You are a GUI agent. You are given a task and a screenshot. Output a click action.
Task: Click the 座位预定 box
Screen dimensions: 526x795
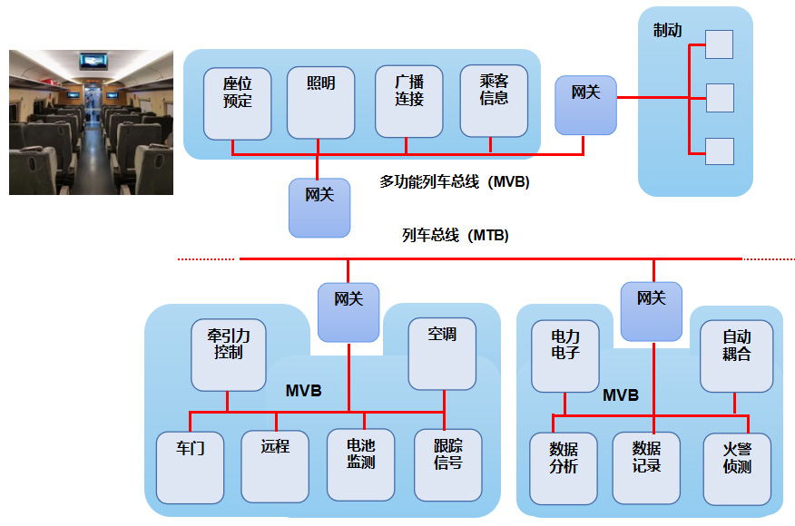238,102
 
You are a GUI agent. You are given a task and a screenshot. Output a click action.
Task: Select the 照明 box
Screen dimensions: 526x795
320,102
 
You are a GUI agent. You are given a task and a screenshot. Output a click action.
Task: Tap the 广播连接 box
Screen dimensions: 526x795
409,102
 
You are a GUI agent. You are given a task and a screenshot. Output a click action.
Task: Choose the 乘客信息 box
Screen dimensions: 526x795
494,100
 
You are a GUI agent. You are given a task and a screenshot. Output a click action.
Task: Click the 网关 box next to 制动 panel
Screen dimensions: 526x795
585,105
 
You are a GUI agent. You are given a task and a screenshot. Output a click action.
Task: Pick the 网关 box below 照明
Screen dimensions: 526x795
319,208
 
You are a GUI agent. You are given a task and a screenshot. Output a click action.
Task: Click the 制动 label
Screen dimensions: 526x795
667,32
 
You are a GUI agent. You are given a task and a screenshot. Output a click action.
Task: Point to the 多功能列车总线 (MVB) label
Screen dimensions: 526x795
454,182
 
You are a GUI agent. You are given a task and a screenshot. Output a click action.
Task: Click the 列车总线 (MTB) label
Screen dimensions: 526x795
455,236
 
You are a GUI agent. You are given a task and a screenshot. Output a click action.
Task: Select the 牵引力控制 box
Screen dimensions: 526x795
228,354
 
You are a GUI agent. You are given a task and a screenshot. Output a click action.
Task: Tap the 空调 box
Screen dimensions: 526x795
442,353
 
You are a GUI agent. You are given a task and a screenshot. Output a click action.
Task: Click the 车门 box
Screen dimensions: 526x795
190,466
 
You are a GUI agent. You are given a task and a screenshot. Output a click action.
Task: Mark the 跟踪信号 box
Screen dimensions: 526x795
447,464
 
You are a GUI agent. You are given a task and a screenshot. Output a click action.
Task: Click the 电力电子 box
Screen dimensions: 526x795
565,355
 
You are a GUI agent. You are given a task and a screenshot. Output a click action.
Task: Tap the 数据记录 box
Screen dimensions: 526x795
646,467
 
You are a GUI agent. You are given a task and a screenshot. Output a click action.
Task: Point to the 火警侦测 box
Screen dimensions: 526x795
737,467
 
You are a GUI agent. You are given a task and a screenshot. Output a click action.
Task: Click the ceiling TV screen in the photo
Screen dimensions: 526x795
93,61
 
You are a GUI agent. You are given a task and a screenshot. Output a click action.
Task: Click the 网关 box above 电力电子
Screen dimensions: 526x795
652,311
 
